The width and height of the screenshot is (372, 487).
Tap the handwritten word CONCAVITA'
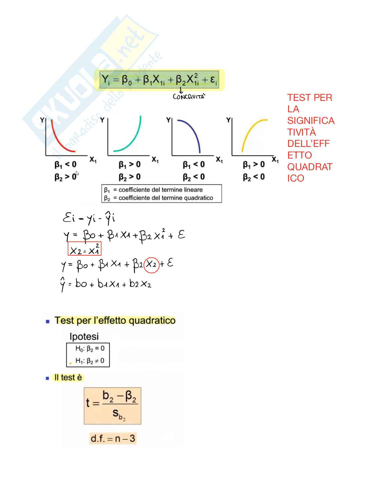click(x=189, y=97)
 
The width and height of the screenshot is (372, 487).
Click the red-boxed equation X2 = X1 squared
click(x=84, y=249)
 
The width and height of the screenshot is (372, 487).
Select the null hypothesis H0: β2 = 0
click(x=90, y=349)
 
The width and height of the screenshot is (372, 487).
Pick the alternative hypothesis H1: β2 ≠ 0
click(x=90, y=361)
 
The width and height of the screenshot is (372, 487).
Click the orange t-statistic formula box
click(x=113, y=405)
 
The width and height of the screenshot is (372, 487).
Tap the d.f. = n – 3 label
click(x=113, y=438)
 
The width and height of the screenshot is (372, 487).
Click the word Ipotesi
click(x=84, y=336)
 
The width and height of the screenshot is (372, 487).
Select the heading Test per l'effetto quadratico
click(x=115, y=320)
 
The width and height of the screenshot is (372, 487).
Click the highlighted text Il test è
click(x=68, y=377)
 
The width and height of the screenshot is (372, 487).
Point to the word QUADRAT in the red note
click(x=310, y=167)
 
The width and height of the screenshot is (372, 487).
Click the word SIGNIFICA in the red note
click(x=311, y=121)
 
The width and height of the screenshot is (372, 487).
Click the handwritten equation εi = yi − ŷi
click(x=89, y=218)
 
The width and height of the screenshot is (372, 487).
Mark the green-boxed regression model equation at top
click(x=159, y=80)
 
